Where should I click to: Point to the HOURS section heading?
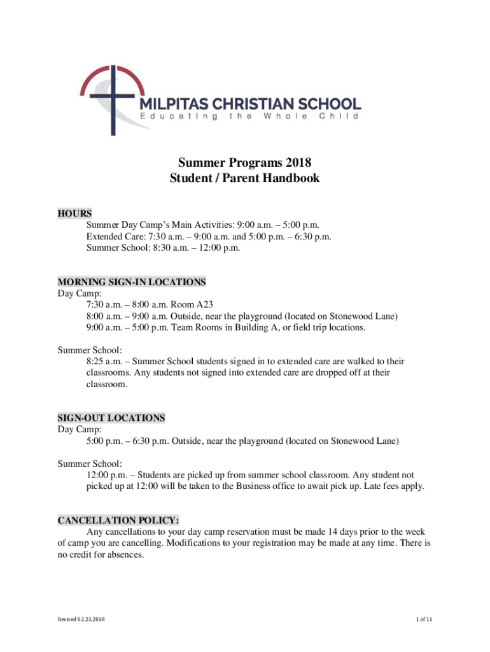click(75, 213)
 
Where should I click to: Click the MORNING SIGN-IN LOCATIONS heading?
click(132, 281)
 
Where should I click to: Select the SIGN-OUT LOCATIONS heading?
click(111, 418)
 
